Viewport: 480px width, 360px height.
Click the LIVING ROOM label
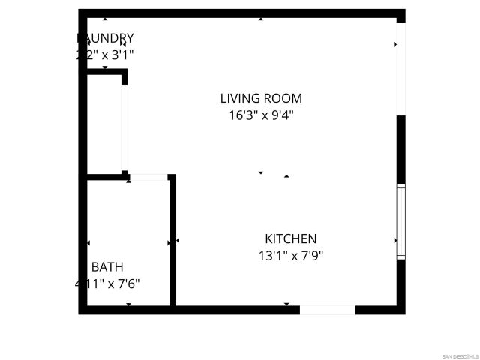coord(261,98)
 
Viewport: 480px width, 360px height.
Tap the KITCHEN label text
coord(291,238)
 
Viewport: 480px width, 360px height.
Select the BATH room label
coord(107,266)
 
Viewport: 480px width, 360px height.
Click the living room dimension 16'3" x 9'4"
coord(261,115)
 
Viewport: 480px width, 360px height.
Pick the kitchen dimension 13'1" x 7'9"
coord(291,255)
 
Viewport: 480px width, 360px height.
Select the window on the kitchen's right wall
coord(400,222)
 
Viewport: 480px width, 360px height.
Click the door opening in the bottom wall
coord(328,310)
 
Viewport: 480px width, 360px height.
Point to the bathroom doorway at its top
coord(148,177)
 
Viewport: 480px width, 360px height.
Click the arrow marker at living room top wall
coord(261,19)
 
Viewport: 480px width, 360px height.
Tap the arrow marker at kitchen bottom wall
coord(286,304)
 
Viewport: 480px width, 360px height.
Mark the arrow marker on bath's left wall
coord(88,243)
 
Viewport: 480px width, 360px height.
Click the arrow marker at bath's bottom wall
coord(129,304)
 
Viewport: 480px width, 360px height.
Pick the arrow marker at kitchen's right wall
coord(395,240)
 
